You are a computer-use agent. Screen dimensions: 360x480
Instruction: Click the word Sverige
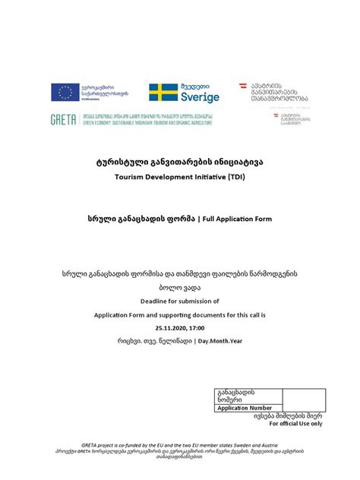pyautogui.click(x=200, y=97)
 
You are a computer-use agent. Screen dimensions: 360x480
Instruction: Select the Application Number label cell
pyautogui.click(x=245, y=408)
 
